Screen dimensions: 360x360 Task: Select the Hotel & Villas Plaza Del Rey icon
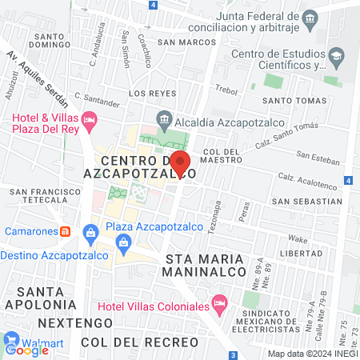(90, 120)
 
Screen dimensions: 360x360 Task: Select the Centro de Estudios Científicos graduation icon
(336, 55)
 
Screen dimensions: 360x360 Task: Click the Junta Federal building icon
(310, 17)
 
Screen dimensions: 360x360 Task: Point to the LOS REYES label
(146, 93)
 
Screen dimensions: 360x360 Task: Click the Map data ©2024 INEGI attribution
(311, 354)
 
